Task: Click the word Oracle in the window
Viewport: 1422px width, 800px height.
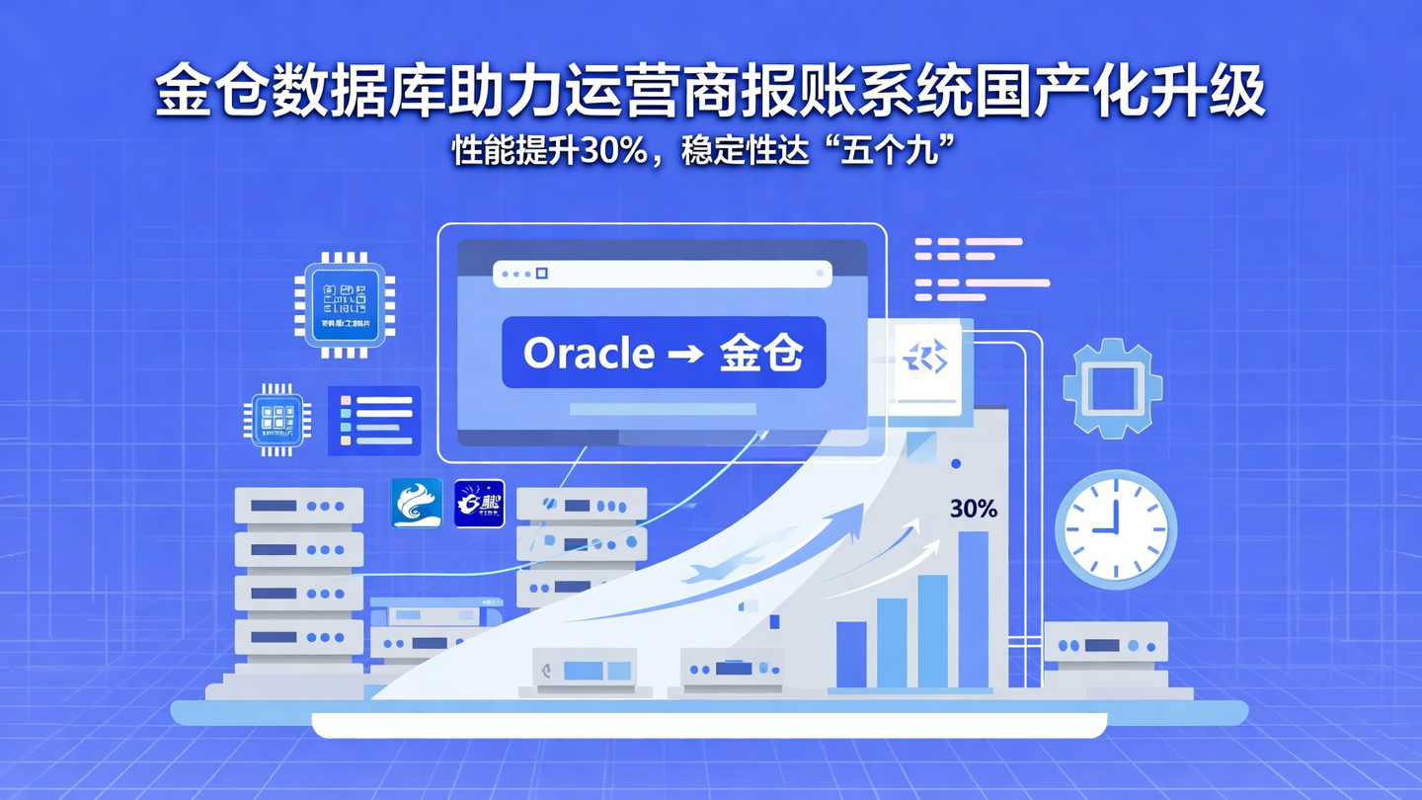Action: click(589, 354)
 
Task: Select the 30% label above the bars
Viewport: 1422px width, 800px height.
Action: click(973, 509)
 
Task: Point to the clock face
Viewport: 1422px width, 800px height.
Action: click(1116, 529)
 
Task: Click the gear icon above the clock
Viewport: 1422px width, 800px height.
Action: click(1112, 387)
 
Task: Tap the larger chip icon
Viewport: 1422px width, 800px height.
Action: click(345, 303)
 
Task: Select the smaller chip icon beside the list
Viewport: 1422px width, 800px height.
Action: click(277, 420)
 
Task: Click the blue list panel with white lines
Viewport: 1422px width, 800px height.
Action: click(375, 421)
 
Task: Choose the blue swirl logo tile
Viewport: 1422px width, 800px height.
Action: click(417, 504)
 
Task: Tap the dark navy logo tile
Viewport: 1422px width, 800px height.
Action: click(479, 504)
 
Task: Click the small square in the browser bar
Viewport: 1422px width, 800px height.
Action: click(541, 274)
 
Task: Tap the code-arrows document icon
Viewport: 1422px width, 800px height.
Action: click(927, 358)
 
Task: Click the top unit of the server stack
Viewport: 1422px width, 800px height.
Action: click(298, 506)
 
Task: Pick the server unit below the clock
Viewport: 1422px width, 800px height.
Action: click(1106, 645)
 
